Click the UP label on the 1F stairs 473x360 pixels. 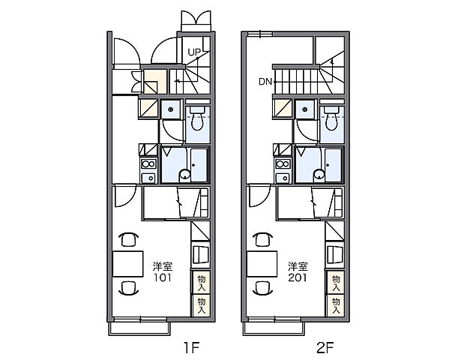(194, 52)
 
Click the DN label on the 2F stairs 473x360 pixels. (265, 82)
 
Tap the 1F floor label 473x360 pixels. (192, 348)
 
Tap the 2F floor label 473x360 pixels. (325, 348)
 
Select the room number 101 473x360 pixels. (163, 277)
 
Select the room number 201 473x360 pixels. (297, 277)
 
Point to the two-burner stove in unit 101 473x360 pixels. (148, 164)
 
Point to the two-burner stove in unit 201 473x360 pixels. (283, 164)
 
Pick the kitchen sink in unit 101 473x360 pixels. (148, 178)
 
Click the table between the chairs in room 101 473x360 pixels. (127, 264)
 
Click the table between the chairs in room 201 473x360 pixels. (262, 264)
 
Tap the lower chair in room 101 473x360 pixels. (129, 287)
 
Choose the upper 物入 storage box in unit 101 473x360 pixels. (201, 283)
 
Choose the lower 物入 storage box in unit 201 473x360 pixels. (336, 305)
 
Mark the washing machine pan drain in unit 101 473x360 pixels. (170, 109)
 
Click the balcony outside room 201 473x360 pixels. (274, 328)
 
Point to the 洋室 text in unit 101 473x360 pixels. (163, 266)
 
